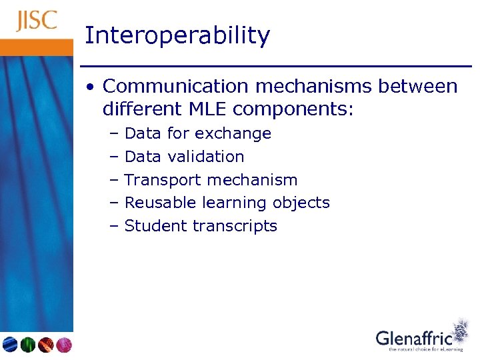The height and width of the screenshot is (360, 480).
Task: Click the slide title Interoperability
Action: point(177,35)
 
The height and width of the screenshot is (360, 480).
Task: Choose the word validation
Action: point(206,157)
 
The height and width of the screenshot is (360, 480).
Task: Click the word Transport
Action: point(163,180)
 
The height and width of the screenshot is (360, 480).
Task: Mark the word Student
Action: point(156,226)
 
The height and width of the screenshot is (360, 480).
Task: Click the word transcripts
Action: point(235,226)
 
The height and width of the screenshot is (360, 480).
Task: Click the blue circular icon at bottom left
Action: point(9,345)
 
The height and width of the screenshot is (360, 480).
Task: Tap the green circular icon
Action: point(27,345)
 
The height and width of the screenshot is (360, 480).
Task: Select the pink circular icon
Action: point(63,345)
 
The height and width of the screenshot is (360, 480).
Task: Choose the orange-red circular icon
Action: point(45,345)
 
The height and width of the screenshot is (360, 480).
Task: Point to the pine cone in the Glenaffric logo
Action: point(460,331)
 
